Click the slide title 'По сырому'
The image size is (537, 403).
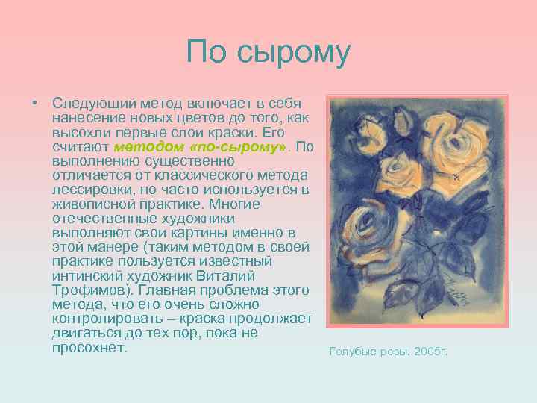coord(268,51)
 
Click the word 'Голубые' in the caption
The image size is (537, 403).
coord(352,351)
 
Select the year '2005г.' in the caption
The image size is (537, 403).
coord(429,351)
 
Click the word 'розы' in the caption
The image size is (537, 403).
coord(392,351)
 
